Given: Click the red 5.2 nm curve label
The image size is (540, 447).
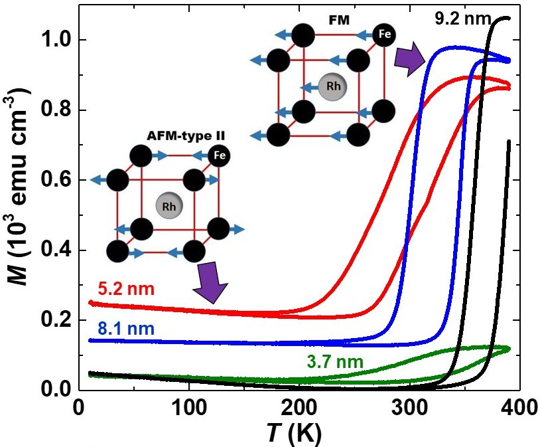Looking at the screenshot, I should click(x=112, y=290).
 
